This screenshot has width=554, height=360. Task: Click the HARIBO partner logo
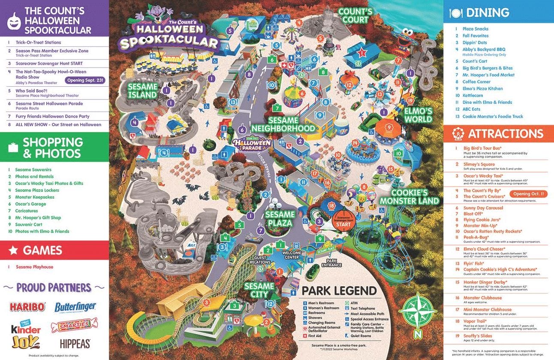tap(27, 307)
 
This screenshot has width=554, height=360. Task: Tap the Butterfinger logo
tap(75, 307)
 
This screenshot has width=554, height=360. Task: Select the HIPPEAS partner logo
tap(75, 343)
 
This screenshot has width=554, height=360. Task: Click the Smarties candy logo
tap(75, 325)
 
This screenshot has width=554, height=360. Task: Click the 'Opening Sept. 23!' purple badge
tap(85, 80)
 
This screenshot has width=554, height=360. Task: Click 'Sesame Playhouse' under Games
tap(34, 267)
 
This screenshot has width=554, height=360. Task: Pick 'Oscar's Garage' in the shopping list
tap(30, 204)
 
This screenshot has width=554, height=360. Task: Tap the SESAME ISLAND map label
tap(142, 90)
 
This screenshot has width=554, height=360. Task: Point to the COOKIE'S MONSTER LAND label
tap(409, 197)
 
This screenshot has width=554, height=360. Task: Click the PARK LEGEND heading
tap(339, 290)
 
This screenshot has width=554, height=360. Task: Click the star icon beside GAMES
tap(13, 251)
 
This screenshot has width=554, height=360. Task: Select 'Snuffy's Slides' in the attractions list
tap(478, 336)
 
